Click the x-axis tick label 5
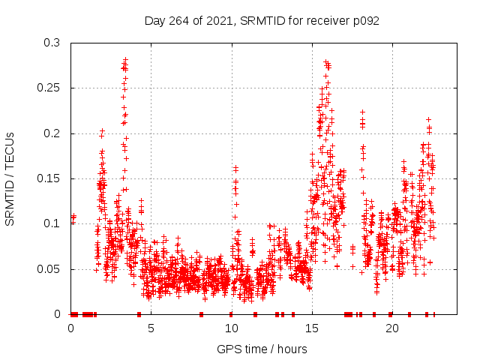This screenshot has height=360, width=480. (x=151, y=328)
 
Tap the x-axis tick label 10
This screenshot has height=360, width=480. (x=232, y=328)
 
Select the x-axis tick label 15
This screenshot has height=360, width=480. (x=312, y=328)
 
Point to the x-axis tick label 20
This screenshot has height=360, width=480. (x=392, y=328)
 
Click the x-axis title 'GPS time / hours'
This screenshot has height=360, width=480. (x=262, y=349)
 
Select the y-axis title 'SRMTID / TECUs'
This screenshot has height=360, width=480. (x=10, y=178)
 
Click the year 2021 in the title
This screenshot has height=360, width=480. (x=217, y=20)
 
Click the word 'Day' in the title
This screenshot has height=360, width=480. (x=155, y=20)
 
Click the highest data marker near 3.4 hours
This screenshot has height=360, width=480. (x=125, y=59)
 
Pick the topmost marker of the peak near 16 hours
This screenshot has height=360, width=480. (x=325, y=61)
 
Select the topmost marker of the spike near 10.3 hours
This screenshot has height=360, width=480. (x=235, y=167)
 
